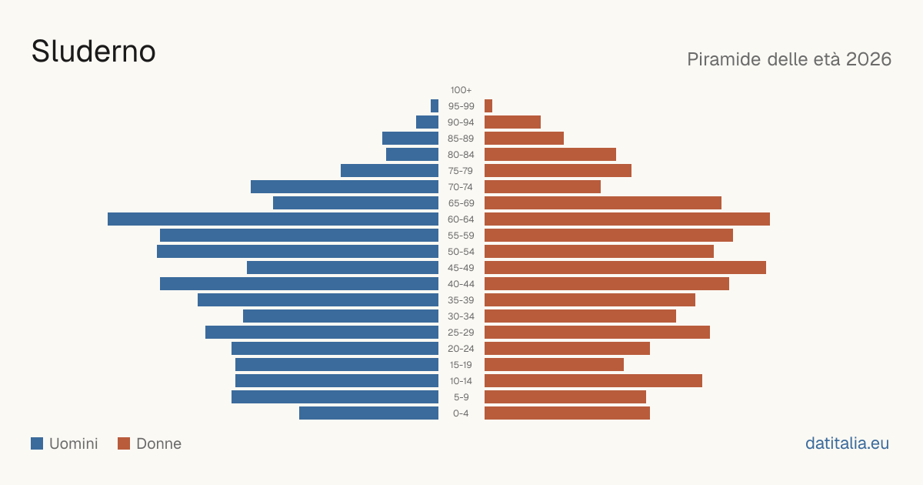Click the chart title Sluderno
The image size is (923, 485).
94,52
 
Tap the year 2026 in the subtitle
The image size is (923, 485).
868,59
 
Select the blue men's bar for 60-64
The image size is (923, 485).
273,219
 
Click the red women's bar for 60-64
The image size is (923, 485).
627,219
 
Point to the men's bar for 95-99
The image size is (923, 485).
435,106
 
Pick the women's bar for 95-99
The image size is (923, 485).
488,106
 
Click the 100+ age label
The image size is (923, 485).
461,90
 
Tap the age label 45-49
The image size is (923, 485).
461,268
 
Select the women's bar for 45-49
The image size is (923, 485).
625,268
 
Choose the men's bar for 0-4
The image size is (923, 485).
368,413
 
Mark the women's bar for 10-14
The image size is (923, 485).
593,380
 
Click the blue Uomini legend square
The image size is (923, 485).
37,443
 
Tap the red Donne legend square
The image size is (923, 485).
124,443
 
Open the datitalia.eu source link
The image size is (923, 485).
847,443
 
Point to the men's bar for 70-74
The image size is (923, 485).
345,187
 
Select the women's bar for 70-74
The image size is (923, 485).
543,187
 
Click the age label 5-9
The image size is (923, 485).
461,397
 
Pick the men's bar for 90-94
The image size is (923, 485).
428,122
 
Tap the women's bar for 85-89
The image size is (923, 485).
524,138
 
